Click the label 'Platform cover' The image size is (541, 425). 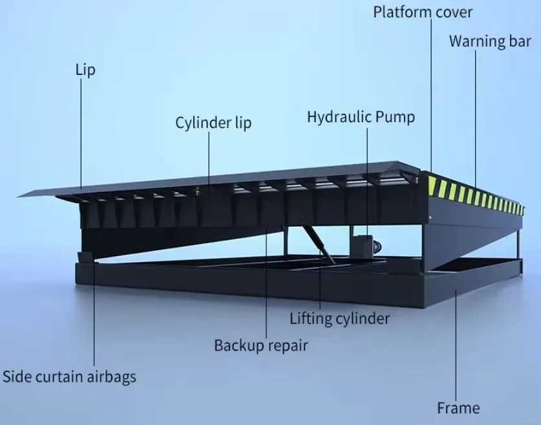coord(423,12)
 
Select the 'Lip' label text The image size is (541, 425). coord(85,70)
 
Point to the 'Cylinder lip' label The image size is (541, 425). coord(213,122)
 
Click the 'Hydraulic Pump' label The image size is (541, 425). coord(360,117)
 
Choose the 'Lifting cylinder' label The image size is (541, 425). coord(339,318)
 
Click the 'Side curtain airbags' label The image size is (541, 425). coord(70,376)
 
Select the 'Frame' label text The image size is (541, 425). coord(458,408)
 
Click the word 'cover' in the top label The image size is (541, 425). coord(452,12)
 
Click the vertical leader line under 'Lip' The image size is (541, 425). coord(81,129)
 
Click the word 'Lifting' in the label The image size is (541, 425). coord(311,318)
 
